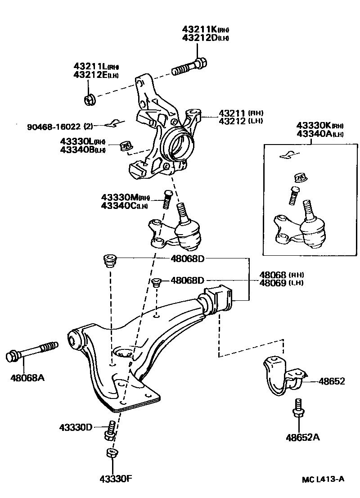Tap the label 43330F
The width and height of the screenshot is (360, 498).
point(116,478)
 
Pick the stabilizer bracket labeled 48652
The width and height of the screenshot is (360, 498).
point(281,376)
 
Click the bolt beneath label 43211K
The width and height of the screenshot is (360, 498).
point(189,68)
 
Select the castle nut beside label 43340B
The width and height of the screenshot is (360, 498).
point(126,146)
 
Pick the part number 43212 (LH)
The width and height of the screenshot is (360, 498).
point(241,121)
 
